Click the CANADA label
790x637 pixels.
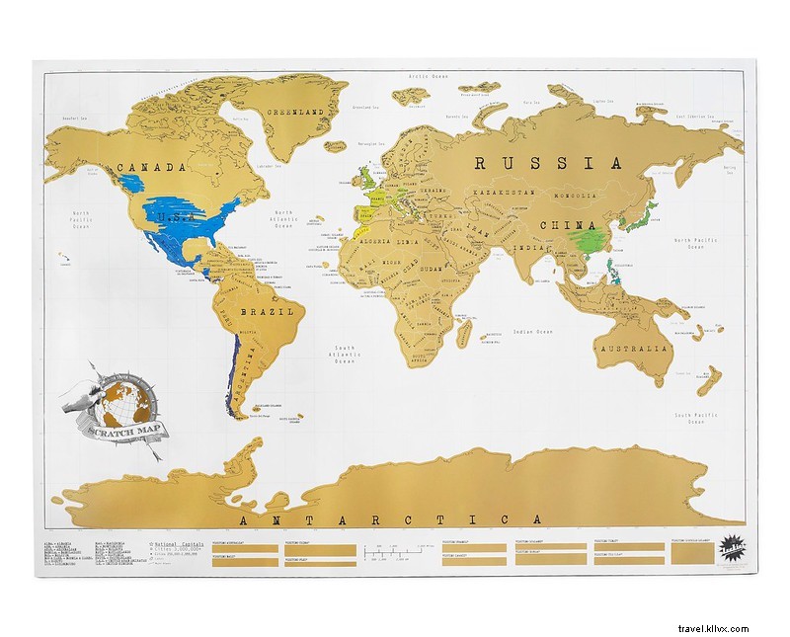point(151,168)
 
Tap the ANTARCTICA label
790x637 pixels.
point(385,519)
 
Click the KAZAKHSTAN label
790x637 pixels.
point(504,191)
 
